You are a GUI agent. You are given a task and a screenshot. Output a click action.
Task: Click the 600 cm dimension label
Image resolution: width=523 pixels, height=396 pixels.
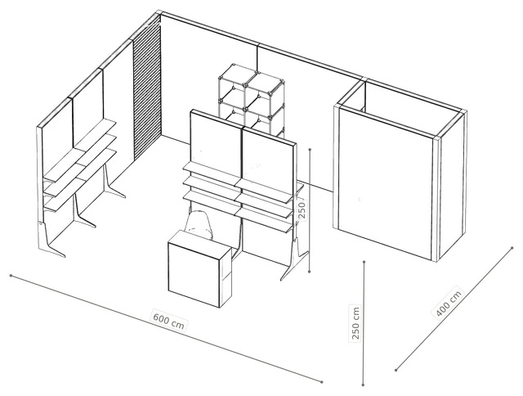coord(169,321)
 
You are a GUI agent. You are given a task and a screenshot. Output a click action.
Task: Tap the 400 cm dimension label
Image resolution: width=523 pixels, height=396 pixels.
coord(449,304)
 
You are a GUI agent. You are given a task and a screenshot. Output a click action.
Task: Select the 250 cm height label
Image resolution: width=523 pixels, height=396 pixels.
coord(355,323)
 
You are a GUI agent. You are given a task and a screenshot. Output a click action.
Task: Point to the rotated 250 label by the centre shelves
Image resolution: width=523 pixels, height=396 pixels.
coord(302,209)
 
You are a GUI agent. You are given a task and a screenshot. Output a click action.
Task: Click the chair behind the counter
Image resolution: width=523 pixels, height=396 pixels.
coord(199,223)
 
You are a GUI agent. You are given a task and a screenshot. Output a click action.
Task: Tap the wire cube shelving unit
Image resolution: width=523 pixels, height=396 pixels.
coord(252,100)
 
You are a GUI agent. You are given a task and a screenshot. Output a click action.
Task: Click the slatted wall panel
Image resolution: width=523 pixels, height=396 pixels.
coord(147,88)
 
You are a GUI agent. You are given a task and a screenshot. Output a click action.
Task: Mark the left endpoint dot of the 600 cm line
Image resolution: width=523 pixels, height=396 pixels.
coord(11,276)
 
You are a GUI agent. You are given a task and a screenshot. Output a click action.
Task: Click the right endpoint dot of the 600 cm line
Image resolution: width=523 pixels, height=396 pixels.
coord(322,381)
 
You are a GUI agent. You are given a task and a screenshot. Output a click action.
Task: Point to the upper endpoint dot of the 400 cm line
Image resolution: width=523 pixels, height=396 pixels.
coord(512,248)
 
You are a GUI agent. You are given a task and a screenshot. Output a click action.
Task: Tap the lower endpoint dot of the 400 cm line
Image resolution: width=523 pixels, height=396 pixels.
coord(396,370)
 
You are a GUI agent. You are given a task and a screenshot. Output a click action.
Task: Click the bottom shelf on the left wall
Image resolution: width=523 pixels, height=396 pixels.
coord(80,180)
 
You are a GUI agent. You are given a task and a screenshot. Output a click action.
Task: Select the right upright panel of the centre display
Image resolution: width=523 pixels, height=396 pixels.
coord(269,160)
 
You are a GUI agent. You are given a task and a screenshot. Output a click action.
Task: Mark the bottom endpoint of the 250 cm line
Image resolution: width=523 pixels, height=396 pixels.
coord(363,385)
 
